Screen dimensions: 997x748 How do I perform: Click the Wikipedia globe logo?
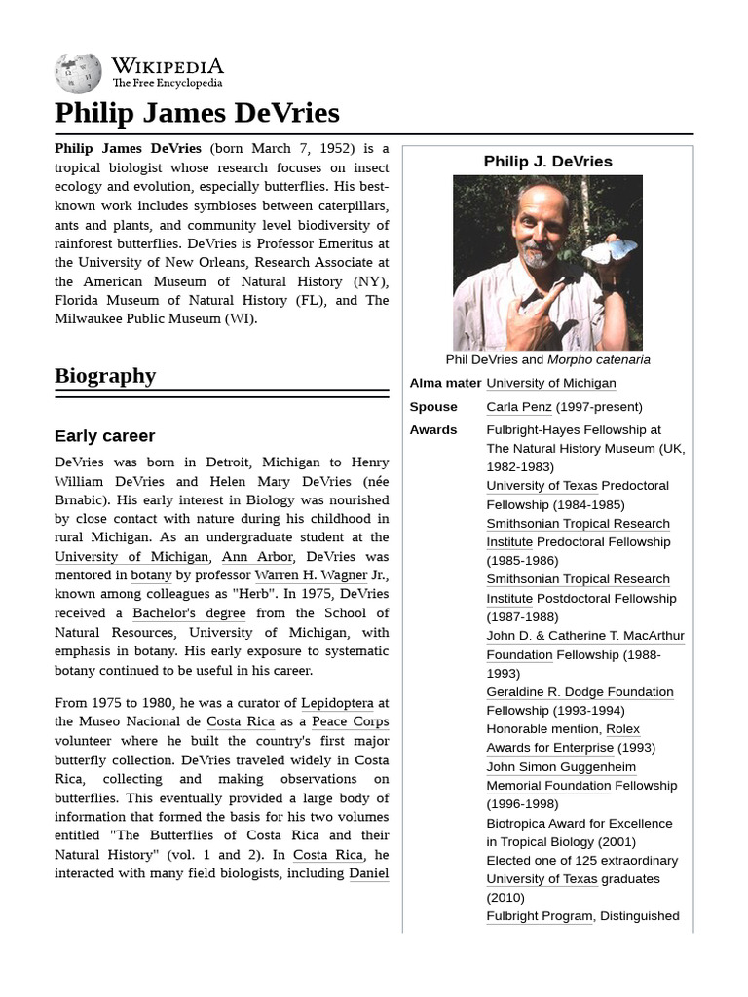click(78, 73)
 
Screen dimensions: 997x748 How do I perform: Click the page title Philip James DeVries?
click(197, 113)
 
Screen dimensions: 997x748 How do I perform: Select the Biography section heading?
click(105, 376)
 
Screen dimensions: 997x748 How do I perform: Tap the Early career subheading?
click(104, 435)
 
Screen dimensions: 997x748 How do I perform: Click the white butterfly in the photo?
click(609, 252)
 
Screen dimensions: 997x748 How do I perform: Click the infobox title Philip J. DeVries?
click(547, 162)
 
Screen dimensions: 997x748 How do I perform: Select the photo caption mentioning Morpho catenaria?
click(547, 359)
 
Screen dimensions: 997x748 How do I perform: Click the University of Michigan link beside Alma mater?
click(550, 383)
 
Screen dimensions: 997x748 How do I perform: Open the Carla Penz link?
click(519, 406)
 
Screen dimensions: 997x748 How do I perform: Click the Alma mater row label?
click(445, 383)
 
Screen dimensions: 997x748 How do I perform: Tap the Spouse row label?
click(433, 406)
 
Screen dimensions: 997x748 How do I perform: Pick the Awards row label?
click(433, 429)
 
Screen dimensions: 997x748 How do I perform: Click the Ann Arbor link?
click(256, 556)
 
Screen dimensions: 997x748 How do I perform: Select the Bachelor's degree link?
click(189, 612)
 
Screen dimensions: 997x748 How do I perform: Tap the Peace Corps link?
click(350, 721)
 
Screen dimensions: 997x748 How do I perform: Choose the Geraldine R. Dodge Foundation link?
click(580, 691)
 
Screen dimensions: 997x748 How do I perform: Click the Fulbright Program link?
click(539, 915)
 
